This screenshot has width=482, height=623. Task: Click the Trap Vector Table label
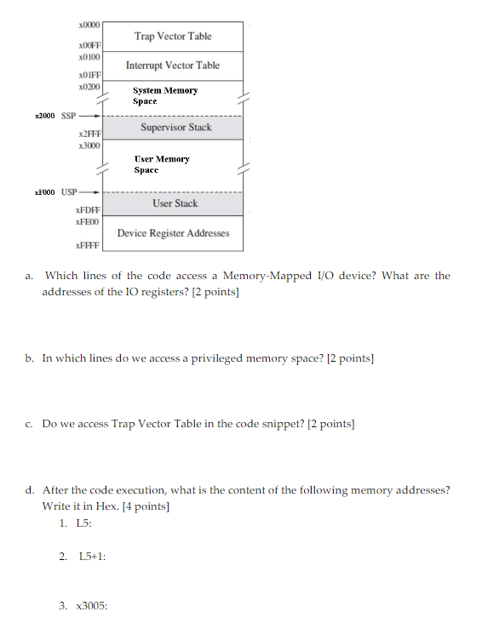pos(173,37)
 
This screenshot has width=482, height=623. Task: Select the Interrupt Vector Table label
pos(173,66)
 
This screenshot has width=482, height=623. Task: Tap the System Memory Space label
pos(165,95)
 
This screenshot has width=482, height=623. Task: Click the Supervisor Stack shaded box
pos(174,128)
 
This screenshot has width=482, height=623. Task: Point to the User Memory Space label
pos(162,164)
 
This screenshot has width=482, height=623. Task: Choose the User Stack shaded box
pos(174,203)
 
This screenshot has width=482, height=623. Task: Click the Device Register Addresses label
pos(173,233)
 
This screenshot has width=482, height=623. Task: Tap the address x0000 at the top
pos(89,26)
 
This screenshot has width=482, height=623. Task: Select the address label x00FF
pos(89,46)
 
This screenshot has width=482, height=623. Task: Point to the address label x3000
pos(89,146)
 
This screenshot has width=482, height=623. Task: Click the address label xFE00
pos(89,221)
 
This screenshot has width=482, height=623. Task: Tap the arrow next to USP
pos(93,191)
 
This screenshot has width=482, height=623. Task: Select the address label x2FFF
pos(89,135)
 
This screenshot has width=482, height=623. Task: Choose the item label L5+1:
pos(91,556)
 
